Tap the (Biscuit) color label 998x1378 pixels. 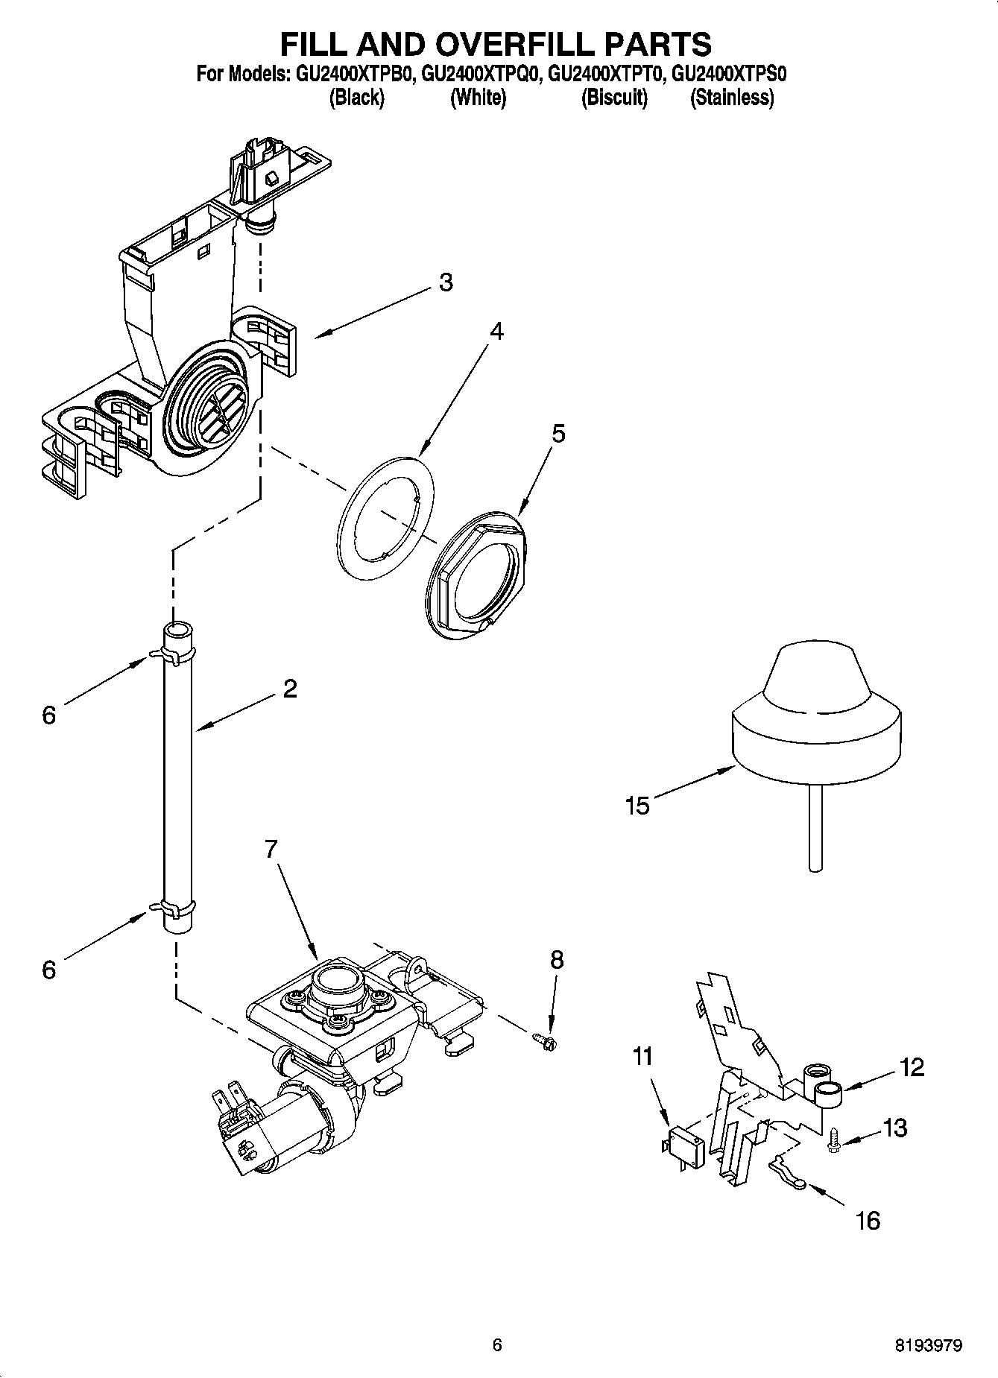tap(614, 98)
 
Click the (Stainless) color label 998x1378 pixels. tap(731, 98)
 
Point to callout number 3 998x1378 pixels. tap(445, 282)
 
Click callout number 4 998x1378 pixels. tap(496, 330)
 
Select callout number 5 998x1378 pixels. tap(558, 433)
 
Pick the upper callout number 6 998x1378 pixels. tap(48, 715)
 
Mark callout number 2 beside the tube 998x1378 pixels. tap(290, 688)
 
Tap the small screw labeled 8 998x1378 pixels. tap(543, 1037)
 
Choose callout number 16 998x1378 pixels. tap(868, 1220)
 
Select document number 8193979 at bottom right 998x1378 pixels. tap(928, 1345)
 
